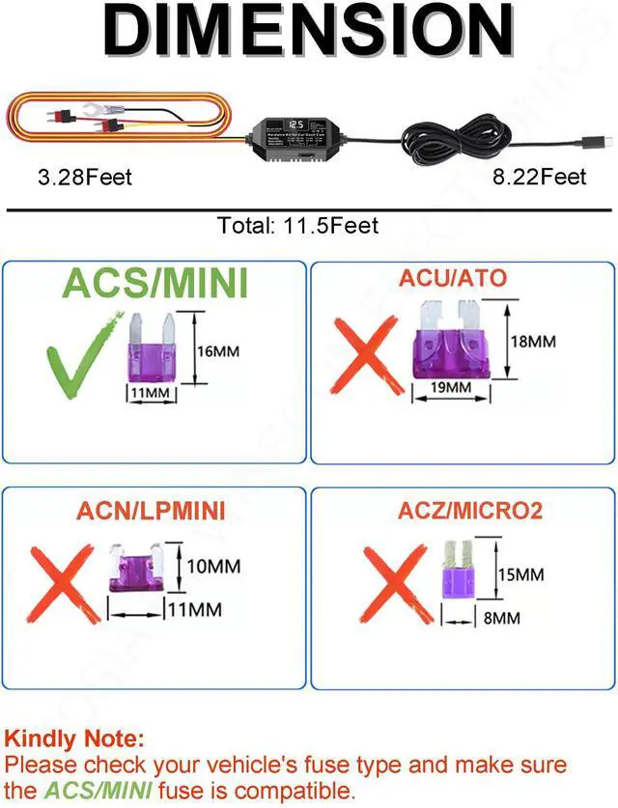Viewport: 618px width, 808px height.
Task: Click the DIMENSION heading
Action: click(309, 32)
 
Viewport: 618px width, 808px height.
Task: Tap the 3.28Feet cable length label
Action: click(71, 177)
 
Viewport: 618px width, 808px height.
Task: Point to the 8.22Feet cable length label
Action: click(539, 177)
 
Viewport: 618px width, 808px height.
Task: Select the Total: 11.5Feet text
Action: click(298, 226)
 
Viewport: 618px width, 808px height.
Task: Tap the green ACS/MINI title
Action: click(155, 284)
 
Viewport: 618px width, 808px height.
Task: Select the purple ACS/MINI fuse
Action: click(153, 348)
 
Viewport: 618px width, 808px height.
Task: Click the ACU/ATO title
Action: click(454, 279)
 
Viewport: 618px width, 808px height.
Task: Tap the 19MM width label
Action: click(451, 388)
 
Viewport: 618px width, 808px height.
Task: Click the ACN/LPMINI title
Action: click(152, 511)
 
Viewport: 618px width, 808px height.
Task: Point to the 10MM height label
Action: click(213, 566)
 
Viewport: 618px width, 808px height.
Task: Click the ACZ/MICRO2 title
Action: click(470, 511)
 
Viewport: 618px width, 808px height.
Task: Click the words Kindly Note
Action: click(74, 740)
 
